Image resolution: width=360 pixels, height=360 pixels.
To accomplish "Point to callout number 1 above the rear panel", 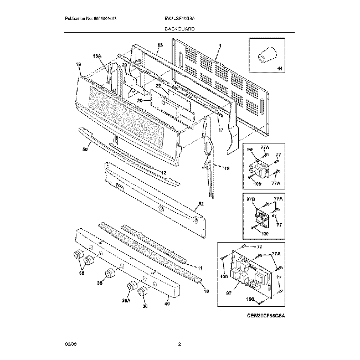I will click(220, 45).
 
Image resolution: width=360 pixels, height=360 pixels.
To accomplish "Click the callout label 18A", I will click(97, 56).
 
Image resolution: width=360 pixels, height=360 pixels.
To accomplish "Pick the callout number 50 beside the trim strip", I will click(85, 150).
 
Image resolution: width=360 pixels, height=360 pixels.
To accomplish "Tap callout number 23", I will click(125, 65).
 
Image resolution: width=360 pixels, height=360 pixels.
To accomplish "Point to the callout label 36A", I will click(127, 300).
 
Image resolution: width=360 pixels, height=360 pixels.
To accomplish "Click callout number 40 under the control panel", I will click(167, 303).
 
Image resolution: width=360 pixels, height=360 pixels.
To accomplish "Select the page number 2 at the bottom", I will click(179, 344).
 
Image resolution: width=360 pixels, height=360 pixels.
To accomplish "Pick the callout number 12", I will click(163, 173).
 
